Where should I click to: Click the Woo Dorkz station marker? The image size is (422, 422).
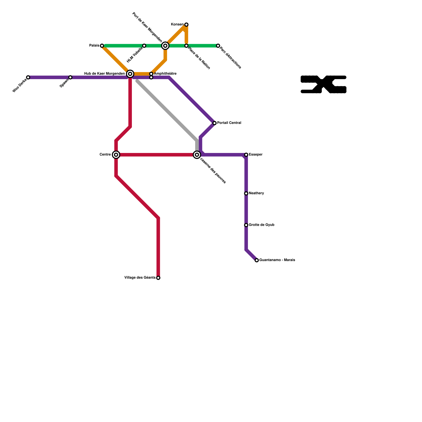(x=28, y=77)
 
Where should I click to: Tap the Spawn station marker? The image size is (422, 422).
(x=70, y=77)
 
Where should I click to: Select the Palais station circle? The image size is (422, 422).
(x=102, y=46)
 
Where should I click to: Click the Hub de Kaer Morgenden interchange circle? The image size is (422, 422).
(x=130, y=74)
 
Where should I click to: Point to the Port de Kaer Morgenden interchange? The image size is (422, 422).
(x=165, y=46)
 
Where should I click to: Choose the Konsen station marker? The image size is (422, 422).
(x=186, y=25)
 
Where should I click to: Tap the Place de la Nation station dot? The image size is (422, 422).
(x=186, y=46)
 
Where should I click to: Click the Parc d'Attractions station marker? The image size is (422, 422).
(x=218, y=46)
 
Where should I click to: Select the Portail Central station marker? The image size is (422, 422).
(x=214, y=123)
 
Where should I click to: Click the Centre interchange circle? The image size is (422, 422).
(x=116, y=155)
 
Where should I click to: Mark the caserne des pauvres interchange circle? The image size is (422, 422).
(x=197, y=155)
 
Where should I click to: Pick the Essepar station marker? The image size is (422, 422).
(x=246, y=155)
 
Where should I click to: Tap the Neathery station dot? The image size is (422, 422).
(x=246, y=193)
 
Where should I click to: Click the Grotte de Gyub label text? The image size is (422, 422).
(x=261, y=225)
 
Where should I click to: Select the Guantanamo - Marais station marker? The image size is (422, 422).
(x=257, y=260)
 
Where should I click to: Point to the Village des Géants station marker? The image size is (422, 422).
(x=158, y=278)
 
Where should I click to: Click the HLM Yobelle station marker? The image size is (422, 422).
(x=144, y=46)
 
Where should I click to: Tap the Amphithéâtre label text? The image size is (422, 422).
(x=165, y=74)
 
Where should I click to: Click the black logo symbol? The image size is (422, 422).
(x=323, y=84)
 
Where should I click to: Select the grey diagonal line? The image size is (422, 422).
(x=166, y=109)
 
